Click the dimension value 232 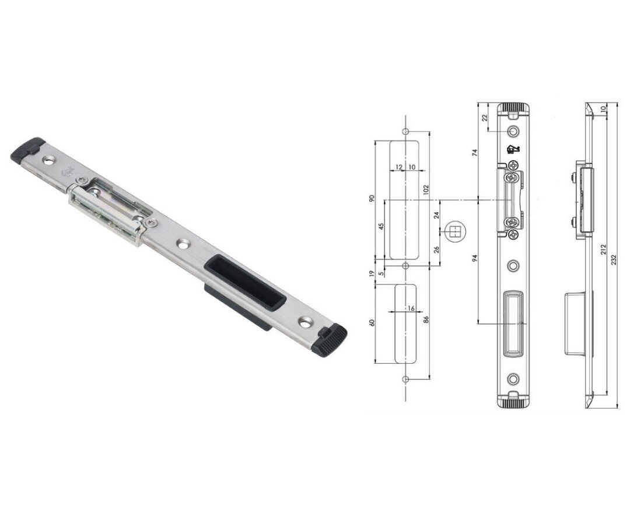[614, 260]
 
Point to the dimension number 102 [426, 190]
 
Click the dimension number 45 [381, 226]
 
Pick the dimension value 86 [426, 320]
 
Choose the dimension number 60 [372, 322]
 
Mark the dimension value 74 [474, 153]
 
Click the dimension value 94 [474, 258]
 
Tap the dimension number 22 [484, 118]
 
